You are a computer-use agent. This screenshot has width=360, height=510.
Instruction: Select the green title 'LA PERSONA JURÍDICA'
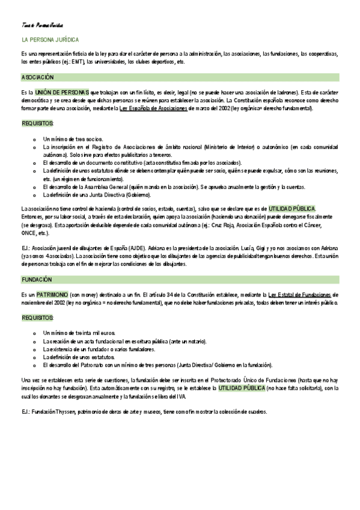click(49, 39)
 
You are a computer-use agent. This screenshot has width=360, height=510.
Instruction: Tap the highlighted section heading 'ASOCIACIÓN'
click(38, 78)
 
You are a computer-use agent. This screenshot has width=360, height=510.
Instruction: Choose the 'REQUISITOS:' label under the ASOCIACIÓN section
click(37, 123)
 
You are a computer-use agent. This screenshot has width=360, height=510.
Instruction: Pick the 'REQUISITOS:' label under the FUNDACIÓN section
click(37, 317)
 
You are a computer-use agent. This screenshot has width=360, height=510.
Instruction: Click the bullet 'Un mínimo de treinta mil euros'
click(79, 333)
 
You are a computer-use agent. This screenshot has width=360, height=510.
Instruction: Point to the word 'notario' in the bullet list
click(195, 341)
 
